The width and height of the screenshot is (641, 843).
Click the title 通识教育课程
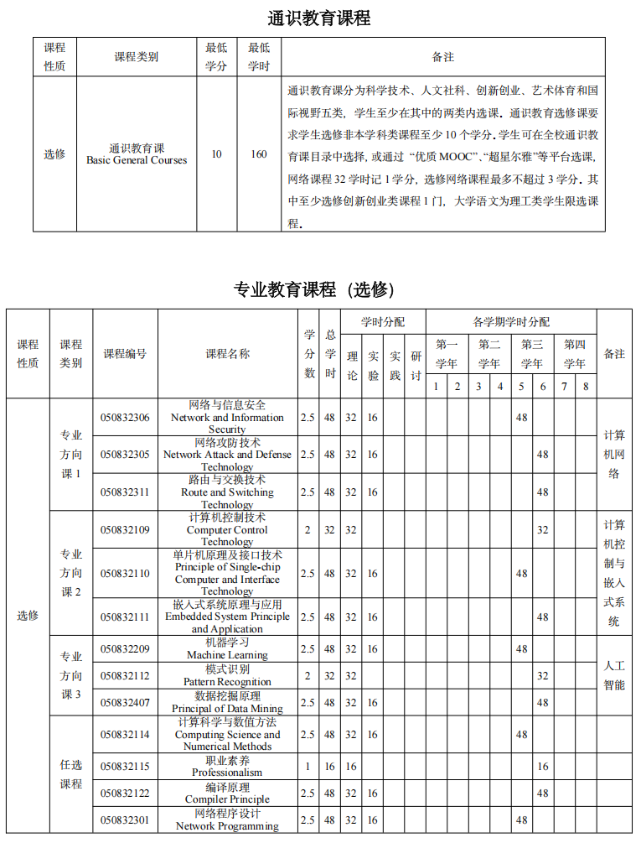click(x=318, y=18)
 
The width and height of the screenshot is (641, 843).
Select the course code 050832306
click(x=125, y=418)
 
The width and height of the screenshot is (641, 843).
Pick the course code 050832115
click(x=125, y=766)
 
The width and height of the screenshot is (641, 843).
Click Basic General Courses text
click(x=137, y=160)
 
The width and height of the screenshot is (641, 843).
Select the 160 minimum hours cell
click(x=259, y=154)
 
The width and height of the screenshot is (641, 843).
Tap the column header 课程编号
click(x=125, y=354)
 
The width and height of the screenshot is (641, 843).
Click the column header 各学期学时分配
click(x=510, y=321)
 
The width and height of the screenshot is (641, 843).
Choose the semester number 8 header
click(x=586, y=387)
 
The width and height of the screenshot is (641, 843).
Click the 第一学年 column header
click(x=447, y=354)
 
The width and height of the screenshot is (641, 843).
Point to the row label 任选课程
click(x=71, y=774)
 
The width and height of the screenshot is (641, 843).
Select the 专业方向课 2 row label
click(x=71, y=573)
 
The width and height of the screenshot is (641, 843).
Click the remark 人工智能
click(x=614, y=675)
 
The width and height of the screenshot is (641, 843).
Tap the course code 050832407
click(x=125, y=702)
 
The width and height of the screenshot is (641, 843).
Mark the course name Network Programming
click(x=227, y=820)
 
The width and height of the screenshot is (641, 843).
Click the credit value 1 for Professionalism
click(x=308, y=766)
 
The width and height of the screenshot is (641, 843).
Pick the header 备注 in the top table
click(x=442, y=57)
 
